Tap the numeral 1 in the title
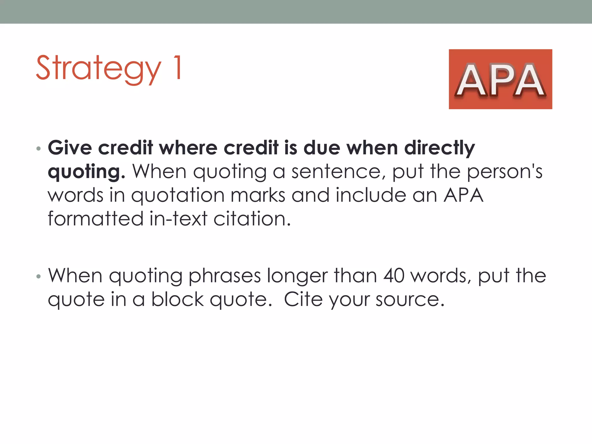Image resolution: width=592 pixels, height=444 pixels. tap(177, 67)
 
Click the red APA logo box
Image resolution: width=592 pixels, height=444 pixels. tap(500, 79)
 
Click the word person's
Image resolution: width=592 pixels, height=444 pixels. tap(505, 172)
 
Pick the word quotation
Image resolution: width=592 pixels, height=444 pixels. tap(178, 196)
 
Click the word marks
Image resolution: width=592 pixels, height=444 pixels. tap(258, 195)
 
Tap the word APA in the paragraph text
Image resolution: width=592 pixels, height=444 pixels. tap(463, 195)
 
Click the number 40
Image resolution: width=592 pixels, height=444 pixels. tap(394, 276)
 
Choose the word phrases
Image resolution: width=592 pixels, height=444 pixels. tap(224, 276)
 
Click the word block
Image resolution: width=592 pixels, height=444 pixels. tap(177, 299)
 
